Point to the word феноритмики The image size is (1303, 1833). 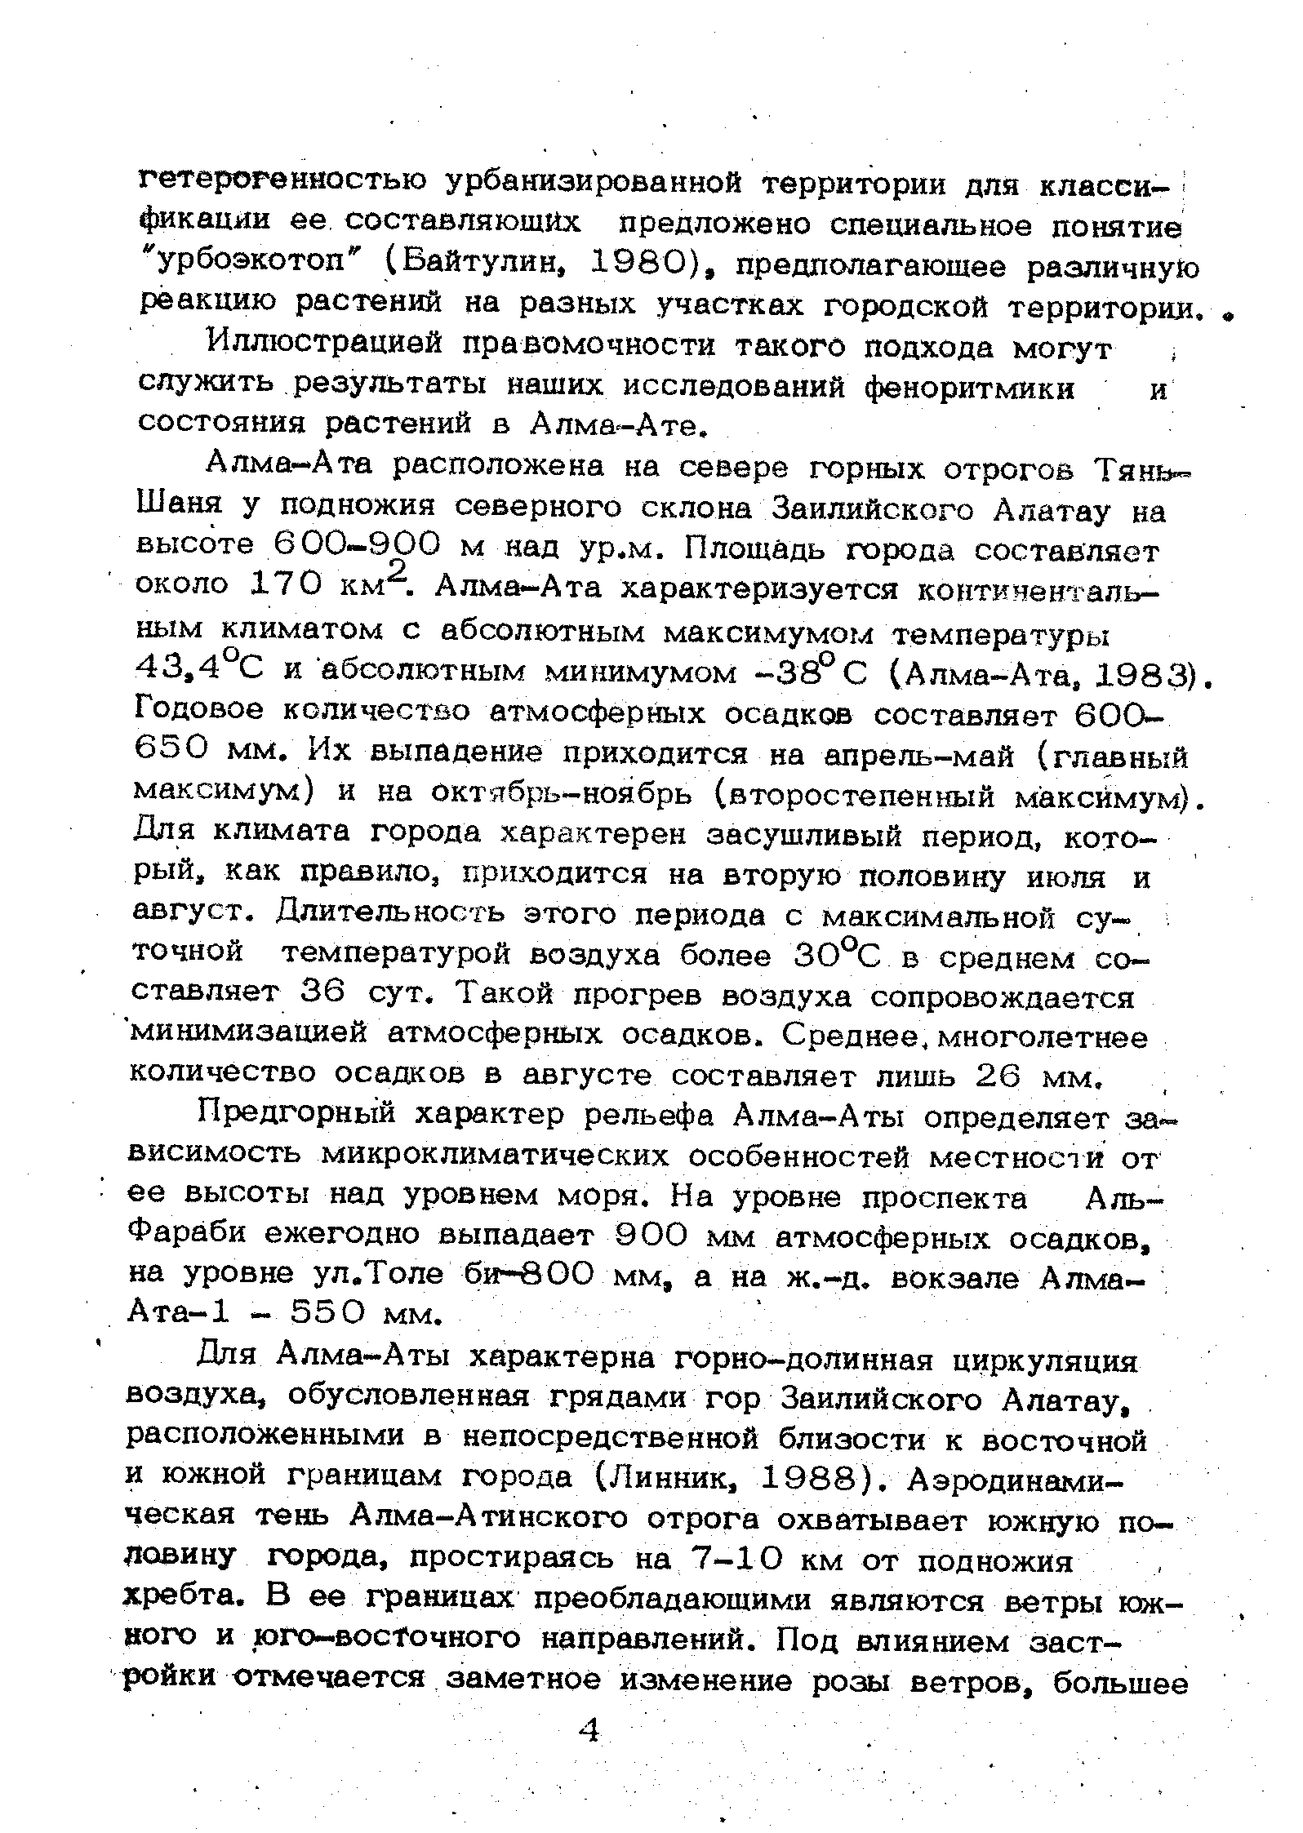click(969, 388)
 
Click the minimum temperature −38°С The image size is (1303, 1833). click(801, 671)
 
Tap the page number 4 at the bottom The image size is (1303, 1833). click(589, 1729)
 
